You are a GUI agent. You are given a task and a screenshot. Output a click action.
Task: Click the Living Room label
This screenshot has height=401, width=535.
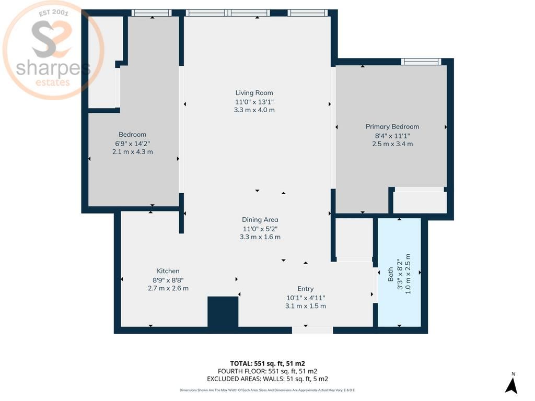[x=254, y=93]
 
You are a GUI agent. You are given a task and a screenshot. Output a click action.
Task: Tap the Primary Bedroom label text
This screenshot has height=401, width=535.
[x=392, y=126]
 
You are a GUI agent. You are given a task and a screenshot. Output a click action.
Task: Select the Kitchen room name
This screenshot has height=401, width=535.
[x=168, y=271]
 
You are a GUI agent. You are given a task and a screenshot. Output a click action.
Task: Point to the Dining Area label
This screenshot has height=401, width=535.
[x=260, y=220]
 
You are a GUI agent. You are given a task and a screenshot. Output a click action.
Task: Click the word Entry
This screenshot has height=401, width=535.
[x=305, y=289]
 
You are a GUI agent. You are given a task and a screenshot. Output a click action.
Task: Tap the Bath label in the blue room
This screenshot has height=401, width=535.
[x=390, y=274]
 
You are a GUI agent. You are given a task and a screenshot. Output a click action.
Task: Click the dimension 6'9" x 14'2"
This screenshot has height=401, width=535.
[x=132, y=144]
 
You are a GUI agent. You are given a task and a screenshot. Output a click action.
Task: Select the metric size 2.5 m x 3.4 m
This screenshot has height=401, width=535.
[x=392, y=144]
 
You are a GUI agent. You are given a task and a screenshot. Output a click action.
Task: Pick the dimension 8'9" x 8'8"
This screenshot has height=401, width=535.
[x=168, y=280]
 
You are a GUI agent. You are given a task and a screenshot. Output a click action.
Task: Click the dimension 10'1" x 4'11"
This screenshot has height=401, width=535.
[x=305, y=298]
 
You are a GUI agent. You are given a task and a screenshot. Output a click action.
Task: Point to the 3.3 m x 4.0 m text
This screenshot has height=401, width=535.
[x=254, y=110]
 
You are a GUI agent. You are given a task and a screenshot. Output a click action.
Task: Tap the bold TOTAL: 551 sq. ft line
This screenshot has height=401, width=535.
[x=267, y=363]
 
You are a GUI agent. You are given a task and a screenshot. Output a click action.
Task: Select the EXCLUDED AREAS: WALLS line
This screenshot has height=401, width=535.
[x=267, y=379]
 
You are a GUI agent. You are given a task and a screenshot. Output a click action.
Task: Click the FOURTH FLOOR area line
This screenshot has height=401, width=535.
[x=267, y=371]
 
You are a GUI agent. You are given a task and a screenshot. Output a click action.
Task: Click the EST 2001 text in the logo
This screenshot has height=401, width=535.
[x=54, y=13]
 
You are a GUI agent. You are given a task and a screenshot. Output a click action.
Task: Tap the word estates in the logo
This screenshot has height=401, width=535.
[x=53, y=82]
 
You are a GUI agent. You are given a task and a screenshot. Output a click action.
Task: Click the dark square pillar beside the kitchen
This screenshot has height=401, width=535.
[x=223, y=312]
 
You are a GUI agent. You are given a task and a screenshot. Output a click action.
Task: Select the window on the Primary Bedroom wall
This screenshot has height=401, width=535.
[x=421, y=62]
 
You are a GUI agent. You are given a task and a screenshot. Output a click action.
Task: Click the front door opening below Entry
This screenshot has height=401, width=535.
[x=312, y=331]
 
